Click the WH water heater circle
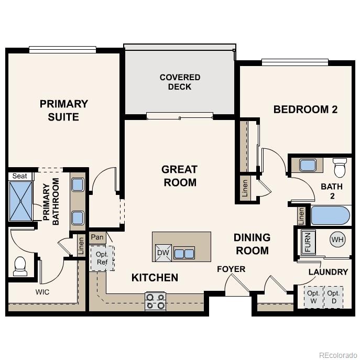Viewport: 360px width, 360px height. [x=337, y=240]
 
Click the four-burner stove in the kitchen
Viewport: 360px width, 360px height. [x=155, y=301]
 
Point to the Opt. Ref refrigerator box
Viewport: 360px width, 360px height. [x=101, y=258]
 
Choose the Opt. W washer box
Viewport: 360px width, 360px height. [x=313, y=297]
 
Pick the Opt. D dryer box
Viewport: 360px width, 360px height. [x=334, y=297]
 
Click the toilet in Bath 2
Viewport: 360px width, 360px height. [x=340, y=168]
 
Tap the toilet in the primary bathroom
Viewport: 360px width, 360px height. [x=20, y=266]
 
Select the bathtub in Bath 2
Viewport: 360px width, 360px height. [x=330, y=215]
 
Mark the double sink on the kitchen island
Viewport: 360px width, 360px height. [x=184, y=254]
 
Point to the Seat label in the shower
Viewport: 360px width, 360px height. [x=19, y=176]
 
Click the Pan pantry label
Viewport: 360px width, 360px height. [x=97, y=237]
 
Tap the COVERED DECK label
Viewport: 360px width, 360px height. [x=180, y=82]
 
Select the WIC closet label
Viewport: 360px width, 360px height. [x=42, y=292]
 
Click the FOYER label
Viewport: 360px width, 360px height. [x=231, y=269]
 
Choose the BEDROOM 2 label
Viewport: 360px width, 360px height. [x=306, y=110]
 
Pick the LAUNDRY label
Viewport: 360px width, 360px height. [x=328, y=272]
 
